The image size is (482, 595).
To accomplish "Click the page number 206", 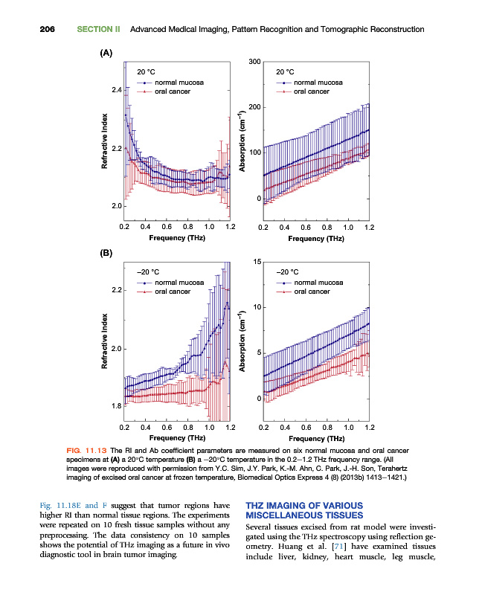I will pos(46,30).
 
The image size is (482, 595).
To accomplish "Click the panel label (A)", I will pos(106,53).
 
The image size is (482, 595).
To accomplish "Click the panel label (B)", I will pos(106,253).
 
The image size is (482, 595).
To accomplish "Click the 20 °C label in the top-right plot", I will pos(287,71).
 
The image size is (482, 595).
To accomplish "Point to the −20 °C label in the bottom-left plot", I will pos(147,272).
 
